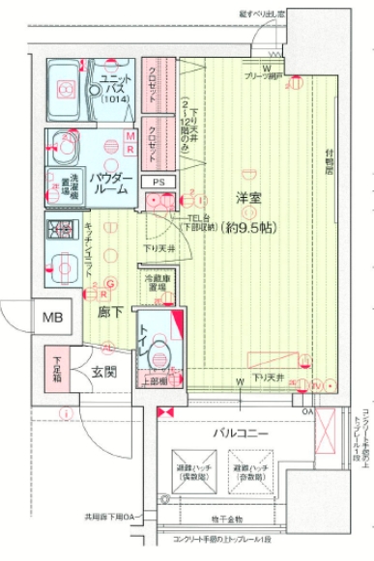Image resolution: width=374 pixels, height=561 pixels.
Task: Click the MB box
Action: click(50, 317)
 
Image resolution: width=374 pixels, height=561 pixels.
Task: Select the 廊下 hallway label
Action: click(108, 313)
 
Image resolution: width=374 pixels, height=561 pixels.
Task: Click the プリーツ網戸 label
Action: click(262, 75)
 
